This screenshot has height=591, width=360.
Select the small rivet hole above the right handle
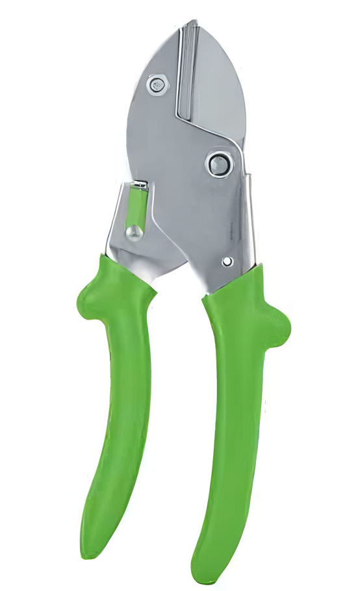(x=227, y=261)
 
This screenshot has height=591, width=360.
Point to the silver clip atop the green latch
(x=140, y=186)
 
